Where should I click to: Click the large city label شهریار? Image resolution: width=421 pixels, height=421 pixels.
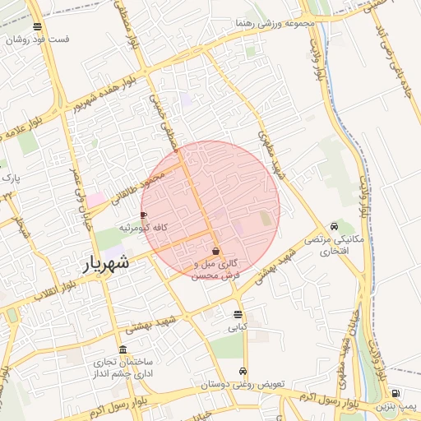(107, 263)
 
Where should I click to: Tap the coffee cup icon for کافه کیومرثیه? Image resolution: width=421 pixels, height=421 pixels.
(144, 215)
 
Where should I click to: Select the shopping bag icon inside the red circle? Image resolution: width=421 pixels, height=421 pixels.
(215, 252)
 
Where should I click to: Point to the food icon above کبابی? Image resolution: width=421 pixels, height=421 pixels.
(238, 314)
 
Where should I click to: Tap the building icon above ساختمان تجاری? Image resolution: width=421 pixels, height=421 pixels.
(123, 349)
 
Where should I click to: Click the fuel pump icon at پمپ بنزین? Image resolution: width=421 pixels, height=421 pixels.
(396, 393)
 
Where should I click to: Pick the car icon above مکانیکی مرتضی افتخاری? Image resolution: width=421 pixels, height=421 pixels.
(334, 226)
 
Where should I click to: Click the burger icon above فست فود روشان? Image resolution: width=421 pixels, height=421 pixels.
(37, 25)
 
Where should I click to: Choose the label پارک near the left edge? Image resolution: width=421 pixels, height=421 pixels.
(10, 177)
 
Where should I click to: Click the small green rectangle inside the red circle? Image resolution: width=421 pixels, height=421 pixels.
(265, 219)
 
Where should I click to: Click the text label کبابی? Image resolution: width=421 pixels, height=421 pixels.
(238, 327)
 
